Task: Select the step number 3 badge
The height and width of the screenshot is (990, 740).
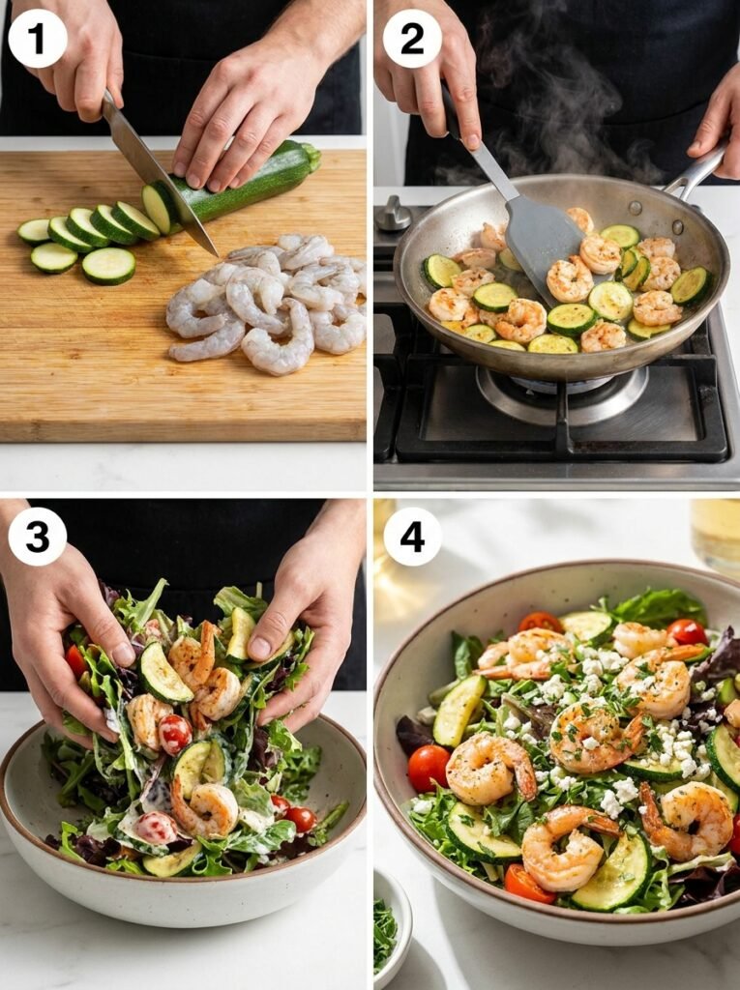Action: click(x=38, y=536)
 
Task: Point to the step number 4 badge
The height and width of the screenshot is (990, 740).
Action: click(x=412, y=536)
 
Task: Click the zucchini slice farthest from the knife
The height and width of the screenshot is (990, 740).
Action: click(x=34, y=231)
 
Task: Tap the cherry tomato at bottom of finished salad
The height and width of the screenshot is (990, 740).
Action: click(x=528, y=883)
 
